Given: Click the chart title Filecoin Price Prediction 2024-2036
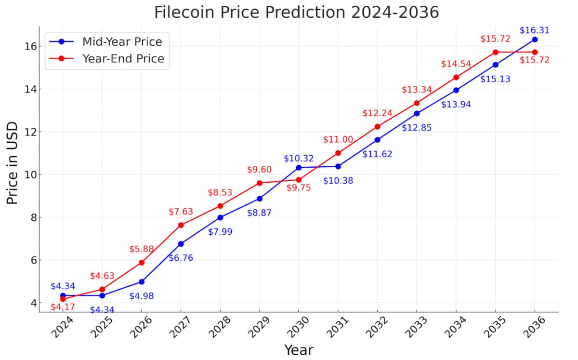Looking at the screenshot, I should (x=296, y=12).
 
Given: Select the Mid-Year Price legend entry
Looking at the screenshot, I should (x=122, y=41).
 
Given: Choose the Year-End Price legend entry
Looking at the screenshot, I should (x=123, y=59).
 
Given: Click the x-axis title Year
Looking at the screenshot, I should (x=298, y=349).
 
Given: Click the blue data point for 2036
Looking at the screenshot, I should (x=535, y=40).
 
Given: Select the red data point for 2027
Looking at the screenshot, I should (x=181, y=225).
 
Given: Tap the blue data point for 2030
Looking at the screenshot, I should (x=299, y=167).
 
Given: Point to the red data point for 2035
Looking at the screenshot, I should (x=495, y=52).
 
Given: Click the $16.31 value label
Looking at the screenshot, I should (x=534, y=30).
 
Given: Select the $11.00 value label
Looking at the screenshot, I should (x=338, y=140).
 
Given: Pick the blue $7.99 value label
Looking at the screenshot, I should (x=220, y=232).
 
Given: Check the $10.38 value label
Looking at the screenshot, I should (x=338, y=181).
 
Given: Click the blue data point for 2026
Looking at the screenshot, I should (x=142, y=281).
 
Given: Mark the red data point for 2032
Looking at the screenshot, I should (x=377, y=127).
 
